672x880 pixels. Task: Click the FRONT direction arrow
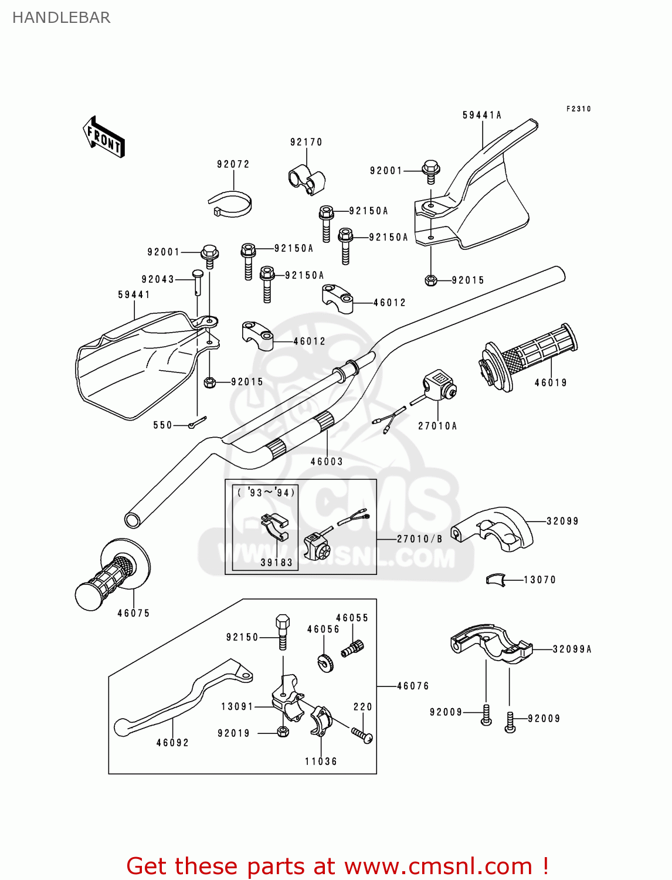(x=104, y=137)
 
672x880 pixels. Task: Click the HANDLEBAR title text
(x=61, y=18)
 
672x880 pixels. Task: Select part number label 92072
(x=233, y=164)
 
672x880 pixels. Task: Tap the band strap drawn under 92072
(x=231, y=204)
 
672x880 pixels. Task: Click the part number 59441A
(x=482, y=115)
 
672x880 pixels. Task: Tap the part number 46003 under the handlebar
(x=327, y=462)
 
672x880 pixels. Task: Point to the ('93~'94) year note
(x=266, y=493)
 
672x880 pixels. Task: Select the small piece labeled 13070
(x=495, y=580)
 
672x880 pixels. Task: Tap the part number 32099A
(x=572, y=649)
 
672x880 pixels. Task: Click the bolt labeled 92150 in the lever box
(x=282, y=632)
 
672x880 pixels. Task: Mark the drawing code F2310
(x=578, y=109)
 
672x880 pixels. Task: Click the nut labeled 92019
(x=282, y=732)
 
